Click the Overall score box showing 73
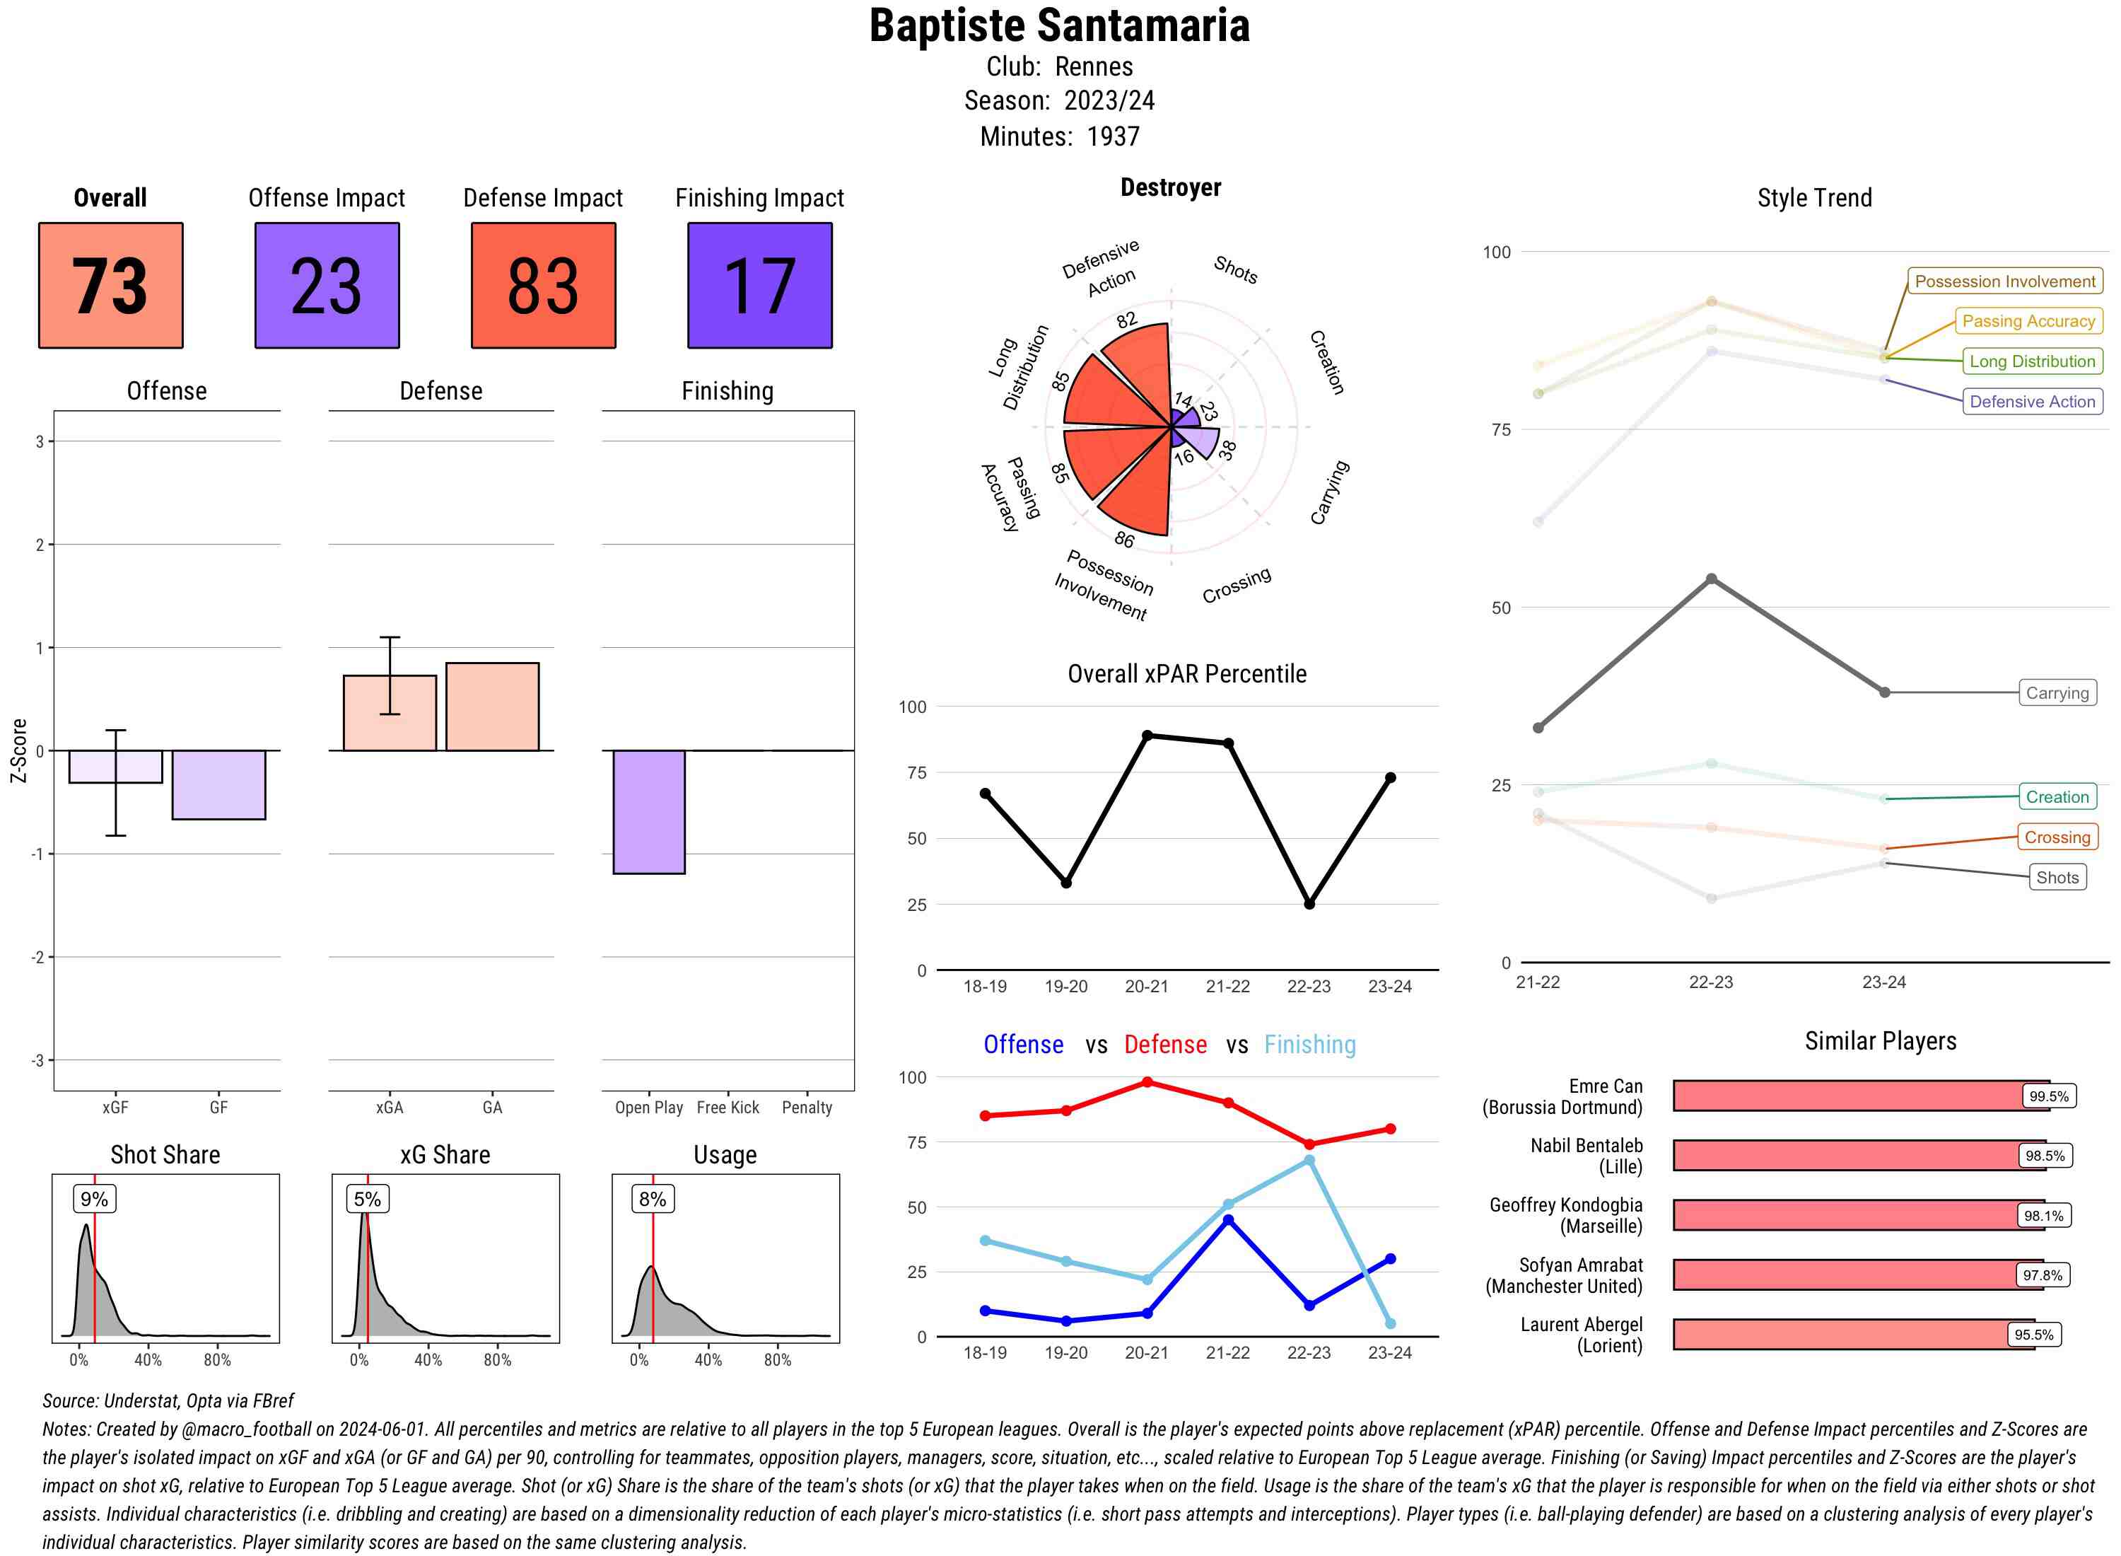(x=110, y=286)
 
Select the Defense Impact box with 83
(x=543, y=286)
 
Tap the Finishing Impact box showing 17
(x=760, y=286)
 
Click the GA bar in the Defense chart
(x=492, y=707)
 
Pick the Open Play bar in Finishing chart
(x=648, y=812)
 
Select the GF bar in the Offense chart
(x=218, y=784)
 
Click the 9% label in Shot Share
(x=94, y=1199)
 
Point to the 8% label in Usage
(x=653, y=1199)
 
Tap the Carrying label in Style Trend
(x=2057, y=693)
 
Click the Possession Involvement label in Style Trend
(x=2004, y=281)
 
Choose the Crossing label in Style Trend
(x=2057, y=837)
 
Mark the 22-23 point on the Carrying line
(x=1712, y=579)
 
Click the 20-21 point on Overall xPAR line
(x=1147, y=735)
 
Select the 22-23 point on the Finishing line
(x=1309, y=1161)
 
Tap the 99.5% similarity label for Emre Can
(x=2048, y=1096)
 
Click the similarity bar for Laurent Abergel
(x=1853, y=1335)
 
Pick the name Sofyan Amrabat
(x=1581, y=1265)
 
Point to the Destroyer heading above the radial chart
(x=1170, y=187)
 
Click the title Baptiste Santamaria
(x=1059, y=26)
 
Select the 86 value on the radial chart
(x=1124, y=540)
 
